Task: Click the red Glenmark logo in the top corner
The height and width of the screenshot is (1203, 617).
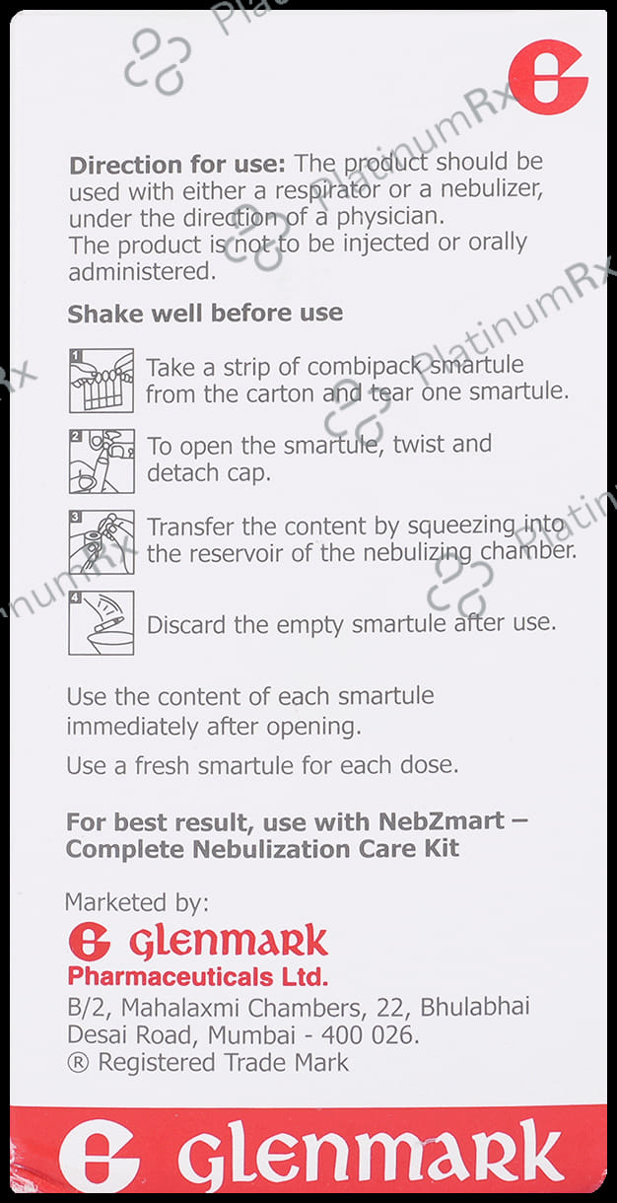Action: coord(547,77)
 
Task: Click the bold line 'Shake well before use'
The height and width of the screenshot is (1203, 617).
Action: coord(205,314)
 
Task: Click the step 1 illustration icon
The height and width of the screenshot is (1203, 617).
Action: coord(101,380)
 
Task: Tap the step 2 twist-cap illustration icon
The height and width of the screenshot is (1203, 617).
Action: coord(101,460)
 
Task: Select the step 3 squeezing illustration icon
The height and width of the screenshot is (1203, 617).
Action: coord(101,541)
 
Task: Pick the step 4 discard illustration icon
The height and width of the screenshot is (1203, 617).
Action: coord(101,622)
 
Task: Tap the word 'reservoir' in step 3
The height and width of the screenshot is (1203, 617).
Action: coord(238,552)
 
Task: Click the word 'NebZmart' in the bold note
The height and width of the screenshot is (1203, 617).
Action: coord(438,821)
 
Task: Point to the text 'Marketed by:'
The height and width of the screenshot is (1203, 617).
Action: coord(136,901)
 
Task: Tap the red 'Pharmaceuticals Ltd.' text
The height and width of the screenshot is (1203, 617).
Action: coord(197,977)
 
